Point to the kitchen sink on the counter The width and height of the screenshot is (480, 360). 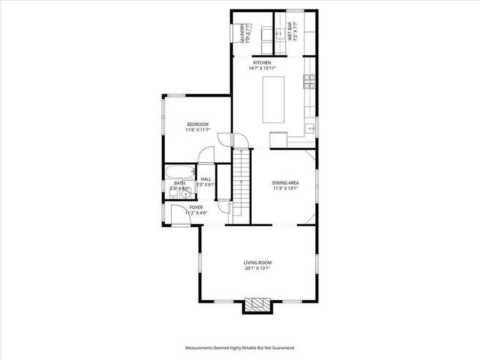click(x=309, y=129)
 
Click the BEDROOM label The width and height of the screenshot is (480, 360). click(x=197, y=124)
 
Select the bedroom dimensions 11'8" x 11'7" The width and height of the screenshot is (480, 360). click(x=197, y=130)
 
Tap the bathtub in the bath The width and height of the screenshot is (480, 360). click(x=179, y=172)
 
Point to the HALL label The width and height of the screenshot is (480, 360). click(x=206, y=179)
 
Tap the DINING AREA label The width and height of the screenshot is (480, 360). click(x=285, y=182)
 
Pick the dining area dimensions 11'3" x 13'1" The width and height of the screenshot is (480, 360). click(x=285, y=188)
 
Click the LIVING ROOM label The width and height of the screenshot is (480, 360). click(x=258, y=262)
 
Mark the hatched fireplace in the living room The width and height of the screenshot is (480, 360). click(x=258, y=304)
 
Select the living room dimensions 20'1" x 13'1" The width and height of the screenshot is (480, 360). click(x=258, y=268)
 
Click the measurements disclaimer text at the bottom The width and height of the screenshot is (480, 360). click(x=240, y=348)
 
